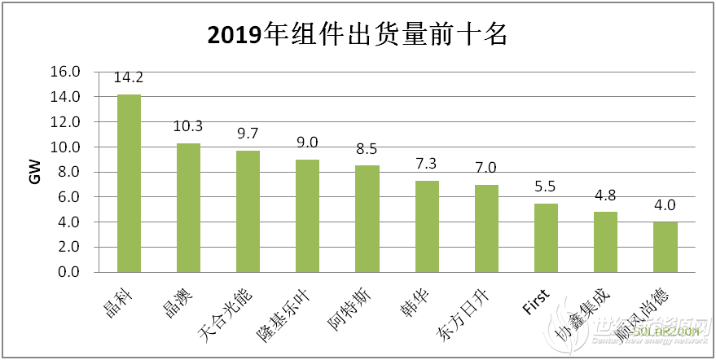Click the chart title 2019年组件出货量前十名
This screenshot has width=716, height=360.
click(x=358, y=35)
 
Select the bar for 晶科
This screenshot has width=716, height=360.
click(x=129, y=183)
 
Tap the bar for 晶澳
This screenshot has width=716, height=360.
click(x=188, y=208)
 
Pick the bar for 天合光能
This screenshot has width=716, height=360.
click(x=248, y=211)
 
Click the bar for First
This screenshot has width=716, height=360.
click(x=546, y=238)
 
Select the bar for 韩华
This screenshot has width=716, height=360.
click(x=427, y=226)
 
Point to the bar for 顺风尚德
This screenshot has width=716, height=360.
click(x=665, y=247)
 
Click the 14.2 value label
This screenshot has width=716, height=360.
click(x=129, y=78)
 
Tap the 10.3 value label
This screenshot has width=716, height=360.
click(x=188, y=127)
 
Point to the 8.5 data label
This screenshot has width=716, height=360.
click(x=367, y=150)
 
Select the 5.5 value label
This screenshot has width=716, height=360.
click(x=546, y=187)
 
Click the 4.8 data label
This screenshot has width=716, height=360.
click(x=605, y=195)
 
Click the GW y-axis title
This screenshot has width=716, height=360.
click(x=35, y=172)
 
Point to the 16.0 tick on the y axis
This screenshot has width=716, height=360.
click(x=65, y=72)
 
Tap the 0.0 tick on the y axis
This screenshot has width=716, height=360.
click(x=68, y=272)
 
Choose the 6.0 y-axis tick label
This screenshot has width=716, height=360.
click(x=68, y=197)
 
